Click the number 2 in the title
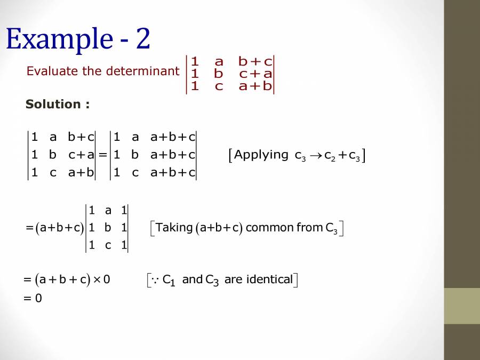[143, 38]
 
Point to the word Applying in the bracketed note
[261, 155]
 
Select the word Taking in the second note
[174, 228]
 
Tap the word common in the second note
[269, 228]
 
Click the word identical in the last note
[269, 279]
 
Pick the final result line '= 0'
[33, 298]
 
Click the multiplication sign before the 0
[97, 279]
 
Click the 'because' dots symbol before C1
[155, 279]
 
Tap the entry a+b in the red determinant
[255, 86]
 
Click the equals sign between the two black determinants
[103, 155]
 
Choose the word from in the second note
[309, 228]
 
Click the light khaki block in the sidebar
[462, 306]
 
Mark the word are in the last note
[233, 279]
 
